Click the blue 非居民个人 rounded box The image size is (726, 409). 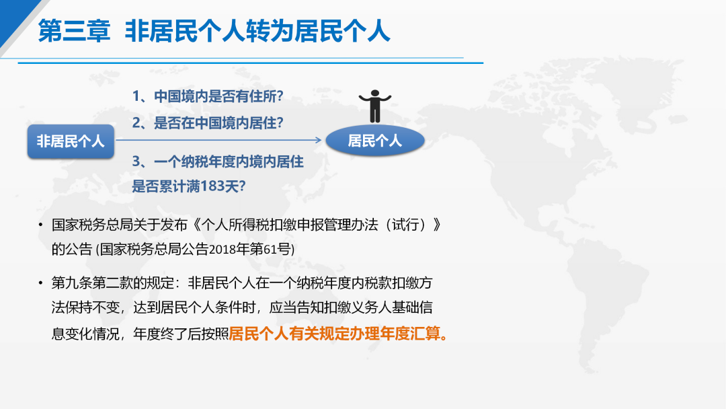click(x=71, y=141)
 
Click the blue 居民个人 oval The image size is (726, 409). click(x=375, y=141)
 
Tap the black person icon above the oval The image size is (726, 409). click(x=375, y=106)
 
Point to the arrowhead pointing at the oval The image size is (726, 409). click(x=319, y=139)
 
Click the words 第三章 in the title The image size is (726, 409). click(x=74, y=31)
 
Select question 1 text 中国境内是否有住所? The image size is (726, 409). click(x=218, y=96)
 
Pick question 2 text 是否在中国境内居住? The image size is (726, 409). click(x=218, y=122)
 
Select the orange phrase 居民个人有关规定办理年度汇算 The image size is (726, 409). click(x=335, y=334)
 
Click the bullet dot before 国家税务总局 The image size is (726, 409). click(x=41, y=225)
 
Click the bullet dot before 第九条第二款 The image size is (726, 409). click(x=41, y=283)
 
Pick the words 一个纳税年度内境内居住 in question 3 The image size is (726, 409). click(x=229, y=161)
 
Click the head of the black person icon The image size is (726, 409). click(x=375, y=93)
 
